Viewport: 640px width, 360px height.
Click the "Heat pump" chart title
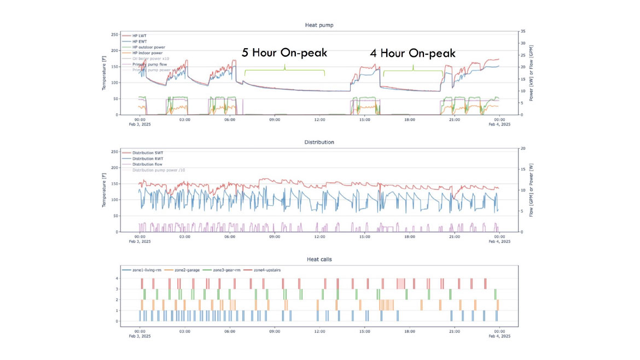click(319, 25)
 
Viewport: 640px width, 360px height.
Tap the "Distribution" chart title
click(319, 142)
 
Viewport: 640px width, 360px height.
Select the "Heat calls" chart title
click(319, 259)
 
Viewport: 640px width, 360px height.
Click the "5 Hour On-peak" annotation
click(284, 53)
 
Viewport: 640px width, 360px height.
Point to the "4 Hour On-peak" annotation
click(412, 53)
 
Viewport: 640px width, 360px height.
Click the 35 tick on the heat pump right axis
click(522, 32)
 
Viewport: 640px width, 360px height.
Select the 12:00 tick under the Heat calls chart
click(319, 332)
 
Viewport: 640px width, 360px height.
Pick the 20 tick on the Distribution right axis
click(522, 148)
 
